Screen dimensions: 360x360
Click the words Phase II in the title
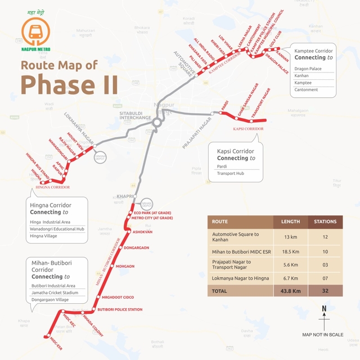[x=69, y=84]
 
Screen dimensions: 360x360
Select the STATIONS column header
[x=325, y=222]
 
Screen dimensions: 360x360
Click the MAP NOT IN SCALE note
[x=322, y=335]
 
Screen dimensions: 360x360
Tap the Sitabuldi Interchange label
[x=135, y=115]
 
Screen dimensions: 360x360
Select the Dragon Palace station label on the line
[x=277, y=62]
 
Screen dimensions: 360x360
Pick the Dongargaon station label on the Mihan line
[x=136, y=247]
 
